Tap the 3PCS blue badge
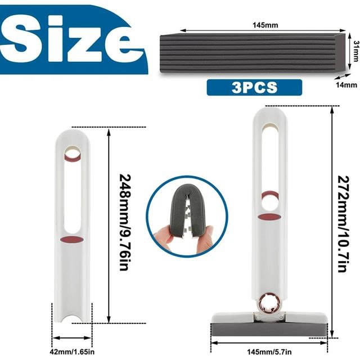[254, 87]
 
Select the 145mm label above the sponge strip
[265, 25]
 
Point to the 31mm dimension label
[356, 51]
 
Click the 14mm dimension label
[346, 85]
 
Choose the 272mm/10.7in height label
[344, 224]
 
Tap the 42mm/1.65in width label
[72, 352]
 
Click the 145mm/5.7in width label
[269, 352]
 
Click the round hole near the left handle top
[73, 153]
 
